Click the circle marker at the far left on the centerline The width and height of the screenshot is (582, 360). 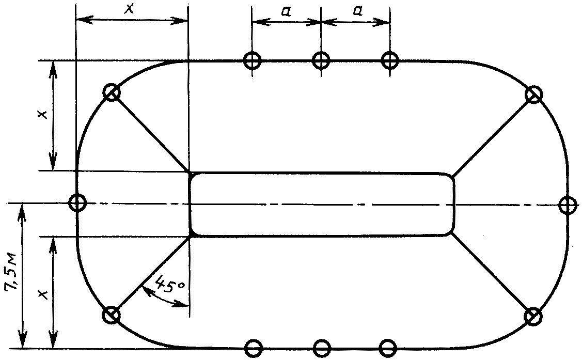(77, 203)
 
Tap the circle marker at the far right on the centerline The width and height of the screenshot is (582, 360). (568, 205)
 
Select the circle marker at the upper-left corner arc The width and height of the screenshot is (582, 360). (112, 93)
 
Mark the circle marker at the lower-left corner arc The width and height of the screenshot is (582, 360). (112, 314)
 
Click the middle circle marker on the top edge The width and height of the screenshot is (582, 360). (321, 60)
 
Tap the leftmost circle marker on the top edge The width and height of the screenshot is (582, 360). (253, 60)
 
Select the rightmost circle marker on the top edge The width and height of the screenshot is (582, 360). (390, 60)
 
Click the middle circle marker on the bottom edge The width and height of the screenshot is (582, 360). (322, 348)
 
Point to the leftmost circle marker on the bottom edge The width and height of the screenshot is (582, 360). (253, 348)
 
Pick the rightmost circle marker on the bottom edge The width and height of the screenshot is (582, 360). (389, 348)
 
